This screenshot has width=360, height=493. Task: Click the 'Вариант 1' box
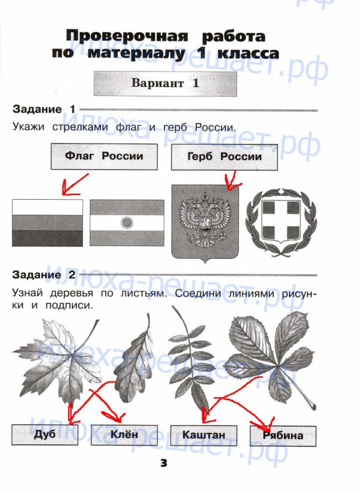(165, 83)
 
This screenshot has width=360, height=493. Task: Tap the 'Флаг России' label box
(104, 157)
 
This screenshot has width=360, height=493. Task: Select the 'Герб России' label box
(224, 157)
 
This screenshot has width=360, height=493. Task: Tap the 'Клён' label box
(124, 434)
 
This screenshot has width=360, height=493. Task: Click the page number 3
(165, 463)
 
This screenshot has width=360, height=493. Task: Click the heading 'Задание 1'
(44, 109)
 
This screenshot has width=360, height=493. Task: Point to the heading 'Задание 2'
(44, 275)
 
